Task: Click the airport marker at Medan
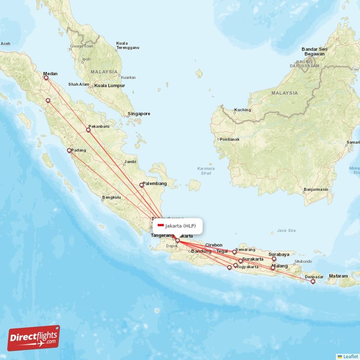pos(46,78)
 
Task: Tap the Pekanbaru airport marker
pos(88,130)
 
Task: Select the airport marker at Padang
pos(69,151)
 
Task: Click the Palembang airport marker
pos(141,184)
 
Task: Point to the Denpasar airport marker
pos(313,282)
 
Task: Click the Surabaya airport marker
pos(274,259)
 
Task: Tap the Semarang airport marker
pos(234,252)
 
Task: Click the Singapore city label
pos(139,114)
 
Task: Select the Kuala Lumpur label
pos(109,85)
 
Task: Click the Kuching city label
pos(243,110)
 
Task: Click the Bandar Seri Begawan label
pos(313,51)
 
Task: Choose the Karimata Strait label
pos(206,171)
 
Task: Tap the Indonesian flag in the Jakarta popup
pos(161,225)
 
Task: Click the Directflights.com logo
pos(34,338)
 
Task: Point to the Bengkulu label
pos(112,197)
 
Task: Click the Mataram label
pos(338,276)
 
